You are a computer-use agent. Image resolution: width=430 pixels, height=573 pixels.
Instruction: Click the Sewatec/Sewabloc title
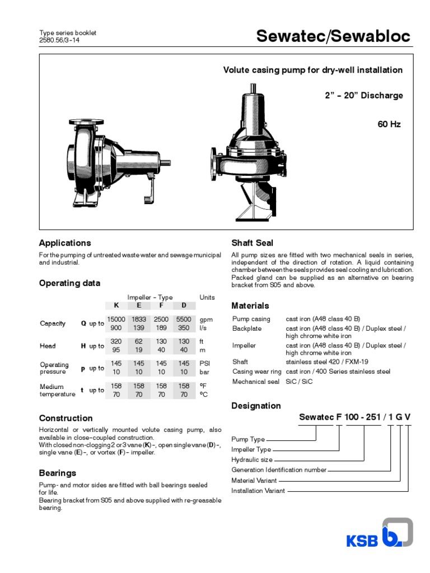333,36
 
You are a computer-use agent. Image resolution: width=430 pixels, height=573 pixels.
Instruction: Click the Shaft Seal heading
253,243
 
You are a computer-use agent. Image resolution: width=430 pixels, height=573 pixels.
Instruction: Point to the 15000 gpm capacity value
116,319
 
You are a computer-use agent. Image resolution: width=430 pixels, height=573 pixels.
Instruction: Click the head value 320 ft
116,341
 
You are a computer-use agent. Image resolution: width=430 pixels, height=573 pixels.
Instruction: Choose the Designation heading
256,406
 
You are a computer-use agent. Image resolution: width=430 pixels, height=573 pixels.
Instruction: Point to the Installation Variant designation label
258,491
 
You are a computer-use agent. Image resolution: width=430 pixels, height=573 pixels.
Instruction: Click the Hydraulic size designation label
251,460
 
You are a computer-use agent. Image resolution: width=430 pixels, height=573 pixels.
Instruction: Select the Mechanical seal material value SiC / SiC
300,382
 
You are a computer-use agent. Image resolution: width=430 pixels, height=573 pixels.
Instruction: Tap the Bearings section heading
57,473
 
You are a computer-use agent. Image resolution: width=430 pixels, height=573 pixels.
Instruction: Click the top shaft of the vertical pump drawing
254,88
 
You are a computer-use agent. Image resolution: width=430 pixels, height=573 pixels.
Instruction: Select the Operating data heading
69,283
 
